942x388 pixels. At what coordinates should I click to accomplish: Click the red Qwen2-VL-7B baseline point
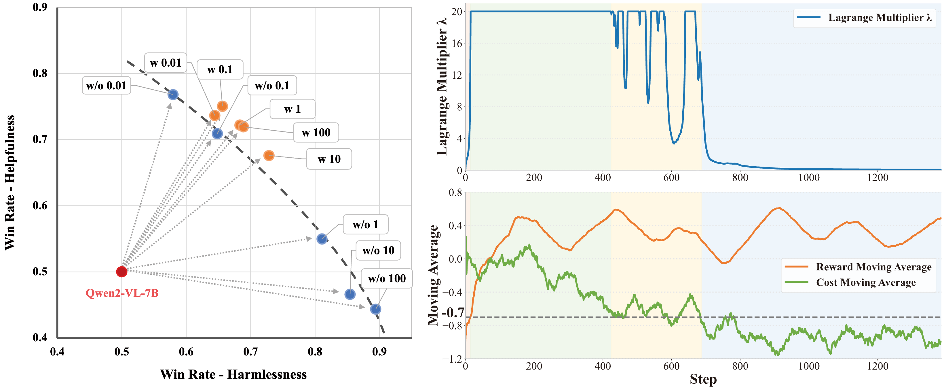tap(121, 272)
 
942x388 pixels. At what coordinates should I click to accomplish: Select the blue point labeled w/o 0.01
tap(173, 95)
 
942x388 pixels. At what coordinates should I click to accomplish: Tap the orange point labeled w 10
tap(269, 156)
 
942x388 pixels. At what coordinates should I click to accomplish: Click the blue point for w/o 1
tap(322, 239)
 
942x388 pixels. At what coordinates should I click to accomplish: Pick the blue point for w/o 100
tap(375, 309)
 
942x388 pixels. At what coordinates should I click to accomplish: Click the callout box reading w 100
tap(316, 133)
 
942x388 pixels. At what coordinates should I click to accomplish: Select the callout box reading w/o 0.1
tap(272, 86)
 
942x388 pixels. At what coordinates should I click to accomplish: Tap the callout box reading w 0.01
tap(166, 63)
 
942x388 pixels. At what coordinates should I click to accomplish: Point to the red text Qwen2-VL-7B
tap(122, 293)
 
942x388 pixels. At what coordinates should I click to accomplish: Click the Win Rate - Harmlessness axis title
tap(233, 374)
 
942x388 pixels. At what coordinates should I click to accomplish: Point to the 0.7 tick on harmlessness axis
tap(250, 352)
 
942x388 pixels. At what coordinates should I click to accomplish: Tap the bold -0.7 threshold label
tap(453, 313)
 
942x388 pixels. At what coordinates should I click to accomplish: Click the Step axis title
tap(703, 379)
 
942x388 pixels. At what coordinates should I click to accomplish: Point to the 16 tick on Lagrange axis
tap(457, 43)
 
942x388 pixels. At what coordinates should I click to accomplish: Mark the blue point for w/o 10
tap(350, 294)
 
